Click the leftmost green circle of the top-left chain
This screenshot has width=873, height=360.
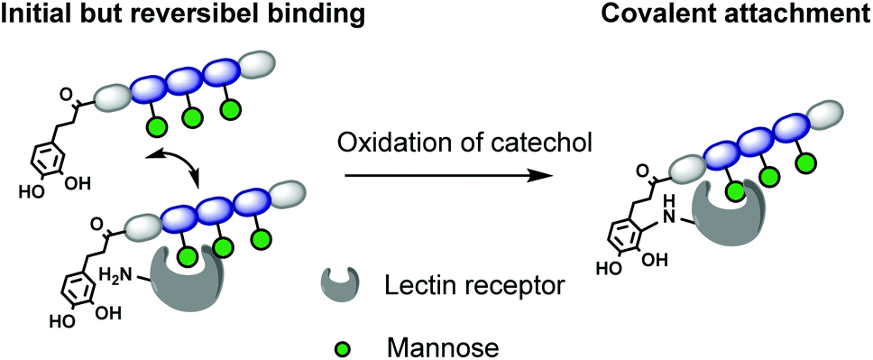click(158, 127)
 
